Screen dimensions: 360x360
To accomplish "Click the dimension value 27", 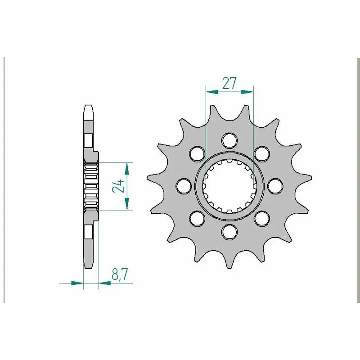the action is coord(229,83).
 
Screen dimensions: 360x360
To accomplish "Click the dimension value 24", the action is coord(118,186).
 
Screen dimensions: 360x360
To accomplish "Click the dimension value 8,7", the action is coord(119,274).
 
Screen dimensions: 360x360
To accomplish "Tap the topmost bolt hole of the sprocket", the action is coord(229,140).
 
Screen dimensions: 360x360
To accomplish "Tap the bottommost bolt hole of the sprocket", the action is coord(229,232).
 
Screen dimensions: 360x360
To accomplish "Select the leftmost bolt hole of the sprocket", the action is coord(184,186).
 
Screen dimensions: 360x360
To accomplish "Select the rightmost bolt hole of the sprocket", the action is coord(275,186).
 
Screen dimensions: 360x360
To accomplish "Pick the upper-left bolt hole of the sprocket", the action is coord(197,153).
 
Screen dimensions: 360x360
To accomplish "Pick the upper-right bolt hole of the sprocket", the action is coord(262,153).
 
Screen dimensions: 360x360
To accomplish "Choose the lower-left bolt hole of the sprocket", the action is coord(197,218).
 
